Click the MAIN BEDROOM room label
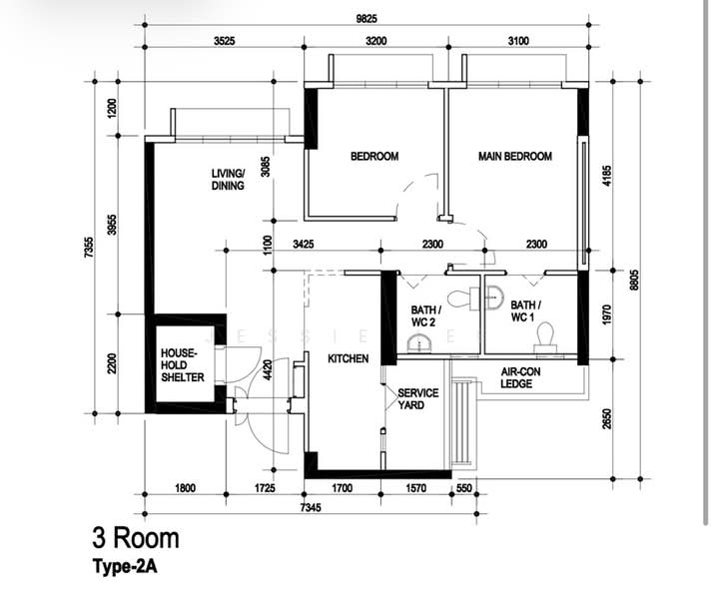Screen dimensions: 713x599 (514, 157)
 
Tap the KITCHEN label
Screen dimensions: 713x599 (348, 358)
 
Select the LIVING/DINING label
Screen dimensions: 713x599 (228, 180)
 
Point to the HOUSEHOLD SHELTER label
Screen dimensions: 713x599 (183, 365)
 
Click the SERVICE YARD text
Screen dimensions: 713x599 (417, 398)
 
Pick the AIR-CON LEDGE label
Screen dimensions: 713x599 (520, 377)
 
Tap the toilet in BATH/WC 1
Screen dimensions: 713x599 (545, 337)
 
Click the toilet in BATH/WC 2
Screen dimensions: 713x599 (463, 299)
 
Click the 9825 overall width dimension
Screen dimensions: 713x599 (366, 19)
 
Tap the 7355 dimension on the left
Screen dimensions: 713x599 (89, 248)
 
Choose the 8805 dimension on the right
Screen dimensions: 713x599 (634, 280)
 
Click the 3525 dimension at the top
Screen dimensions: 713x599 (224, 41)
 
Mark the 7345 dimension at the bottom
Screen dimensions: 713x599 (311, 507)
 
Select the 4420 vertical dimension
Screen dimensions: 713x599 (268, 369)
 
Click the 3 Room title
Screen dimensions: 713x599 (136, 538)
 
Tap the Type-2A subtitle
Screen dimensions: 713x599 (125, 567)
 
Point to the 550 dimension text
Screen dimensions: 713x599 (463, 488)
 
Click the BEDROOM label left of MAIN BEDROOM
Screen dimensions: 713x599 (374, 157)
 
